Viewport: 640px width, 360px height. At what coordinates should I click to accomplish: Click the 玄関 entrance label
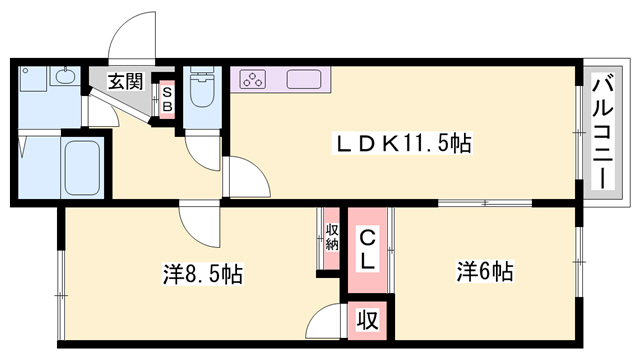[126, 82]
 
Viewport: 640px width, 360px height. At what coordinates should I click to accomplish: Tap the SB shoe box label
[167, 99]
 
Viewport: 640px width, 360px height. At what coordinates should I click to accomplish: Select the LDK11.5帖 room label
[402, 143]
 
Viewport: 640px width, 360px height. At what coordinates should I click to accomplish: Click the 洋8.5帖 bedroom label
[203, 274]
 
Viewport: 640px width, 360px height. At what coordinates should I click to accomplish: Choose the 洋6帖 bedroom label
[485, 271]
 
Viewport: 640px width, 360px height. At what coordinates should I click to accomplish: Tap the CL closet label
[367, 250]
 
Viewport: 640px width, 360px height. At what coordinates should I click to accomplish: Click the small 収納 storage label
[332, 237]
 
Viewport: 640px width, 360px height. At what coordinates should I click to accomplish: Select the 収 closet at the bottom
[367, 320]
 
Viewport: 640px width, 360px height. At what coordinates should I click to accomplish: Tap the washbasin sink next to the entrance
[64, 76]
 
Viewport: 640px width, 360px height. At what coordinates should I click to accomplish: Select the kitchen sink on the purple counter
[304, 79]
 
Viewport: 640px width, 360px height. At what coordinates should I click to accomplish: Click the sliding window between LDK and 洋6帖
[485, 202]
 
